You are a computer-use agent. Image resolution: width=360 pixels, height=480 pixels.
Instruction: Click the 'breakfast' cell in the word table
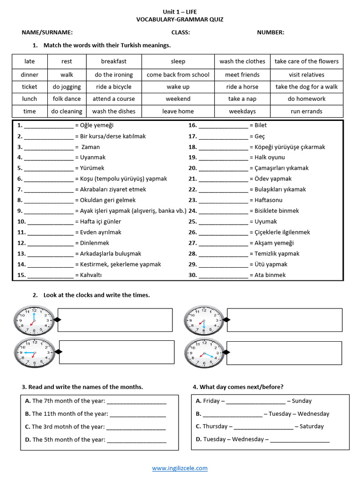point(113,61)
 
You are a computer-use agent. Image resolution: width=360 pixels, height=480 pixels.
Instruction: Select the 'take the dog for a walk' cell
point(307,87)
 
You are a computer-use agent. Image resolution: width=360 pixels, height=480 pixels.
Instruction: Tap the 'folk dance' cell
point(67,99)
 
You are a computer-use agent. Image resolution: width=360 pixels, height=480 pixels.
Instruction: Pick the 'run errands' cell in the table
point(307,112)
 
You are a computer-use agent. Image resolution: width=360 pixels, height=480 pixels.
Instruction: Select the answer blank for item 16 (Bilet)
point(223,126)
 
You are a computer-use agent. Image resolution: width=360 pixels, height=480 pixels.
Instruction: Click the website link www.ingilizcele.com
point(180,468)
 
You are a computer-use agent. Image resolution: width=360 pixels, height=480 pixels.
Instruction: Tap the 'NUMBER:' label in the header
point(270,32)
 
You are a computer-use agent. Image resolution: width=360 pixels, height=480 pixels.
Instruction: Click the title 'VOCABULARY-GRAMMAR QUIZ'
point(180,20)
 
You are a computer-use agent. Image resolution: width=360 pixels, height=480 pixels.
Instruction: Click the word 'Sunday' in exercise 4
point(301,401)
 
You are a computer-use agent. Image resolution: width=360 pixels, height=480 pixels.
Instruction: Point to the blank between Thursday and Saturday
point(263,427)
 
